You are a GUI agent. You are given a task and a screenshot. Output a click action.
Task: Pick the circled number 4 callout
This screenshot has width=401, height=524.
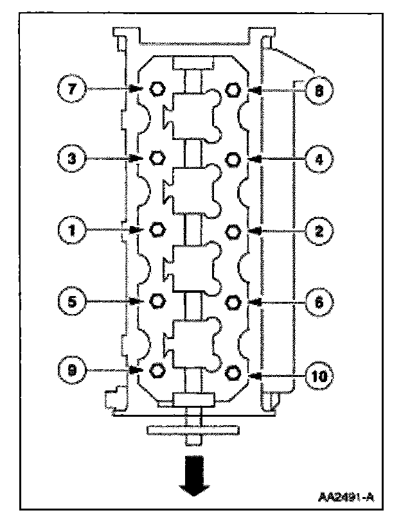click(317, 159)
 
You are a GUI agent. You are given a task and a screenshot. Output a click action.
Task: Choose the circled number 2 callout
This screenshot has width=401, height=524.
click(317, 230)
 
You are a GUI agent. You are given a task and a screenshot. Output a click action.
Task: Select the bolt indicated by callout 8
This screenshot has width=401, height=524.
click(235, 89)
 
